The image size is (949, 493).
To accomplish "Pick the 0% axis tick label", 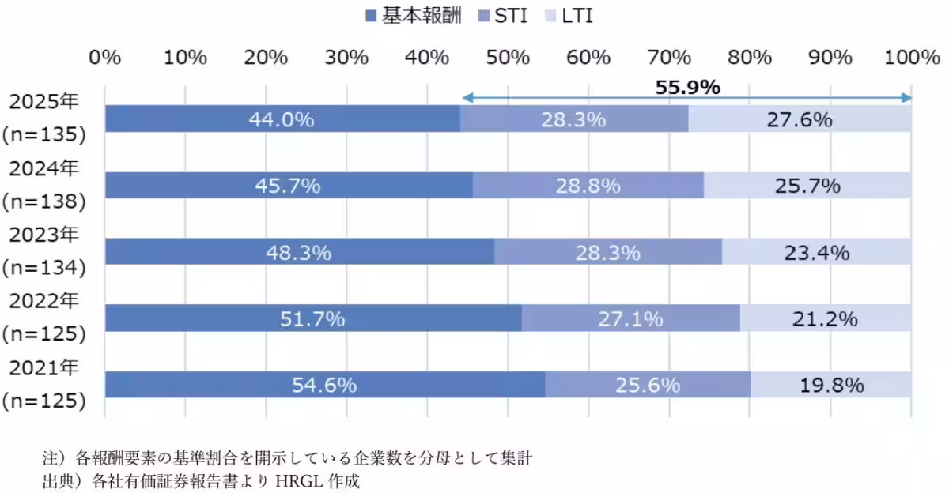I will click(104, 57).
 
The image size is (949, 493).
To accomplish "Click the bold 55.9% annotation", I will click(687, 87).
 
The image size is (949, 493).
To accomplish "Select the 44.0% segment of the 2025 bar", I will click(282, 120).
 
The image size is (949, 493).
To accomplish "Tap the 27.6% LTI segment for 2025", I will click(800, 120).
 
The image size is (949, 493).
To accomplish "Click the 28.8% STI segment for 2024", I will click(588, 186).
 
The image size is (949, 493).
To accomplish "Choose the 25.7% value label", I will click(807, 186).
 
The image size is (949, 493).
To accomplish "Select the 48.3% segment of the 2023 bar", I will click(299, 253).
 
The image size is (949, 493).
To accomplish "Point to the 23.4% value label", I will click(816, 253).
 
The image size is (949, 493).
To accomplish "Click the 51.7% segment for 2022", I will click(312, 319).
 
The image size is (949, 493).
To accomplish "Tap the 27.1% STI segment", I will click(630, 319).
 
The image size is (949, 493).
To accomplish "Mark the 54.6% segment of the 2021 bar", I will click(324, 386).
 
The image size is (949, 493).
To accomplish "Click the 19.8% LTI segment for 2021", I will click(830, 386).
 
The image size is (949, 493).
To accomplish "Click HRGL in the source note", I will click(304, 480).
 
